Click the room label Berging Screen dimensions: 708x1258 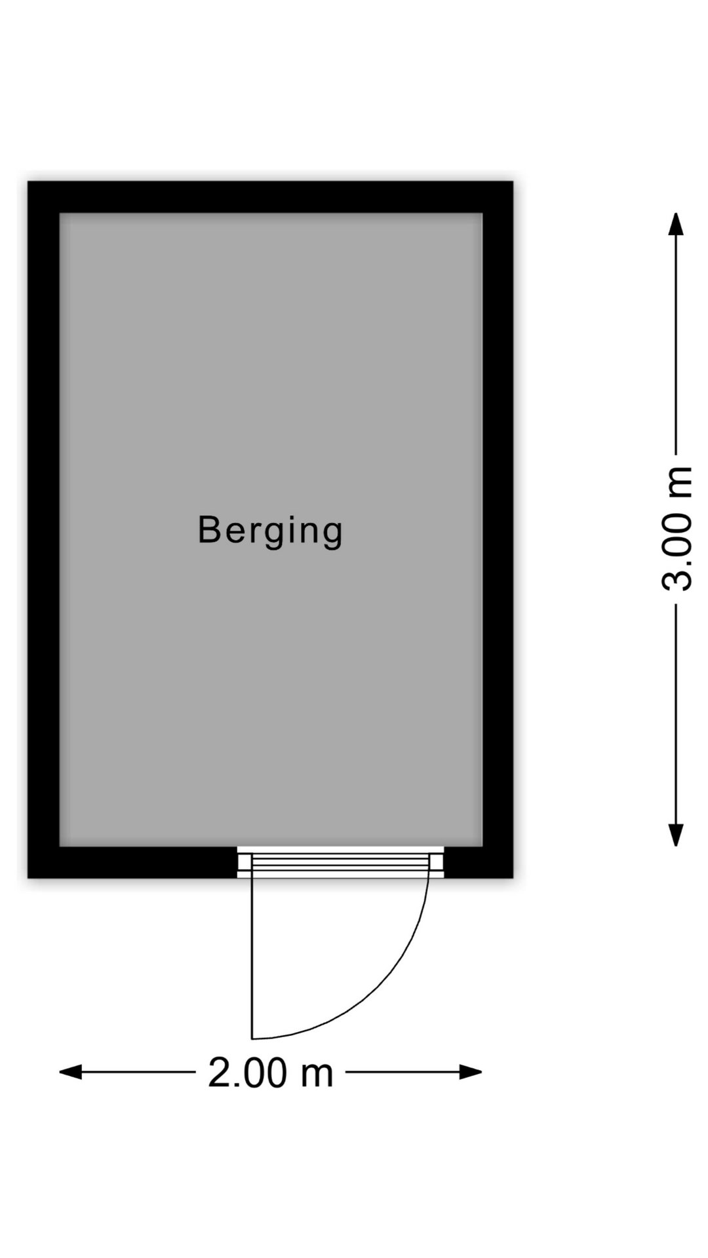click(x=270, y=531)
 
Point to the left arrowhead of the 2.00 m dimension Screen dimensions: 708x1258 click(x=71, y=1073)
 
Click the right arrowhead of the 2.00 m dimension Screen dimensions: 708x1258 click(x=471, y=1073)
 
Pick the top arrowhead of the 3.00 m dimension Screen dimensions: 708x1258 click(x=676, y=224)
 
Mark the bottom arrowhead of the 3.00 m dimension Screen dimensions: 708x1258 click(x=676, y=835)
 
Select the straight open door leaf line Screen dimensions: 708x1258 click(x=252, y=958)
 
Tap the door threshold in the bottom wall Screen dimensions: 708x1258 click(x=341, y=862)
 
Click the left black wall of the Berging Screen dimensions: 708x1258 click(x=43, y=529)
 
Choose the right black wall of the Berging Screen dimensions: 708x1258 click(x=498, y=529)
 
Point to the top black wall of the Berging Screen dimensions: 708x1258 click(x=270, y=197)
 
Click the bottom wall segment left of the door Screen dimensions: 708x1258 click(x=132, y=862)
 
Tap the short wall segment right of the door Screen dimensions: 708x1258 click(x=479, y=862)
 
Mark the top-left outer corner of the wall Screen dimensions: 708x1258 click(x=28, y=181)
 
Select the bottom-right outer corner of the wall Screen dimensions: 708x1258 click(x=513, y=878)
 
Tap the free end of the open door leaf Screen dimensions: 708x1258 click(x=252, y=1039)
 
